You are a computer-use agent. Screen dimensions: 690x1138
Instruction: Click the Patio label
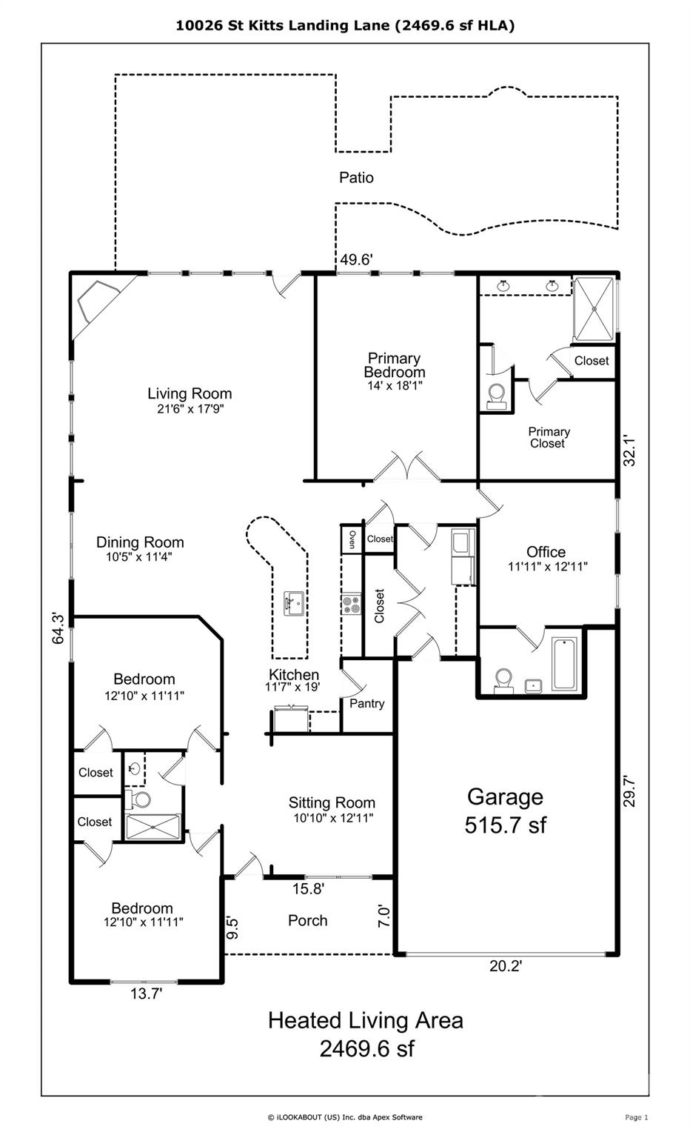[356, 178]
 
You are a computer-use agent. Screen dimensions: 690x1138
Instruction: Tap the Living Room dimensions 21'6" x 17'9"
[190, 409]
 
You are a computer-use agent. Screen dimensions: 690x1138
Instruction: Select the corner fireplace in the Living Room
[98, 302]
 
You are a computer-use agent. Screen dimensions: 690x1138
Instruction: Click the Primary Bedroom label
[395, 365]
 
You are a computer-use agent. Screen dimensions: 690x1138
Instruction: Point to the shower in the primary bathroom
[593, 309]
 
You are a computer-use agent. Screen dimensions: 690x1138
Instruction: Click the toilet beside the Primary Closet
[496, 396]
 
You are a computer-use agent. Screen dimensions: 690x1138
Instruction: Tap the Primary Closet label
[549, 437]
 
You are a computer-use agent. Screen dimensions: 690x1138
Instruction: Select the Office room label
[546, 552]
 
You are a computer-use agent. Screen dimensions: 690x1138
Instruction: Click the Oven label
[352, 539]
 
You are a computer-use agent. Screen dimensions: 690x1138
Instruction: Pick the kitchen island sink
[294, 604]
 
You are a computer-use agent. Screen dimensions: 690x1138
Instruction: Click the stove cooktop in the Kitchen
[351, 604]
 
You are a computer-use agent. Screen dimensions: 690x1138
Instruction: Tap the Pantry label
[366, 704]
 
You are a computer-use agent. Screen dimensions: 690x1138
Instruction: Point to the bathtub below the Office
[565, 664]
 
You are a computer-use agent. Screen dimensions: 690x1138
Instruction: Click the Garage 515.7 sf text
[505, 811]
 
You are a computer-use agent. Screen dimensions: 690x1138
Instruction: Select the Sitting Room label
[332, 802]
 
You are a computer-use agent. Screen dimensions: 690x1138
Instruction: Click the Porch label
[308, 921]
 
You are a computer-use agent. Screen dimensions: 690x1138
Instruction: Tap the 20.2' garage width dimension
[506, 966]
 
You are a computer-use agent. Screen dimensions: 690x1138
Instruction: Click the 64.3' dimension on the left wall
[58, 628]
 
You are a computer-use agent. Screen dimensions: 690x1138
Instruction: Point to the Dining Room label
[140, 542]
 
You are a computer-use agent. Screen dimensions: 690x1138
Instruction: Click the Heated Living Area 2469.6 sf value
[366, 1048]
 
